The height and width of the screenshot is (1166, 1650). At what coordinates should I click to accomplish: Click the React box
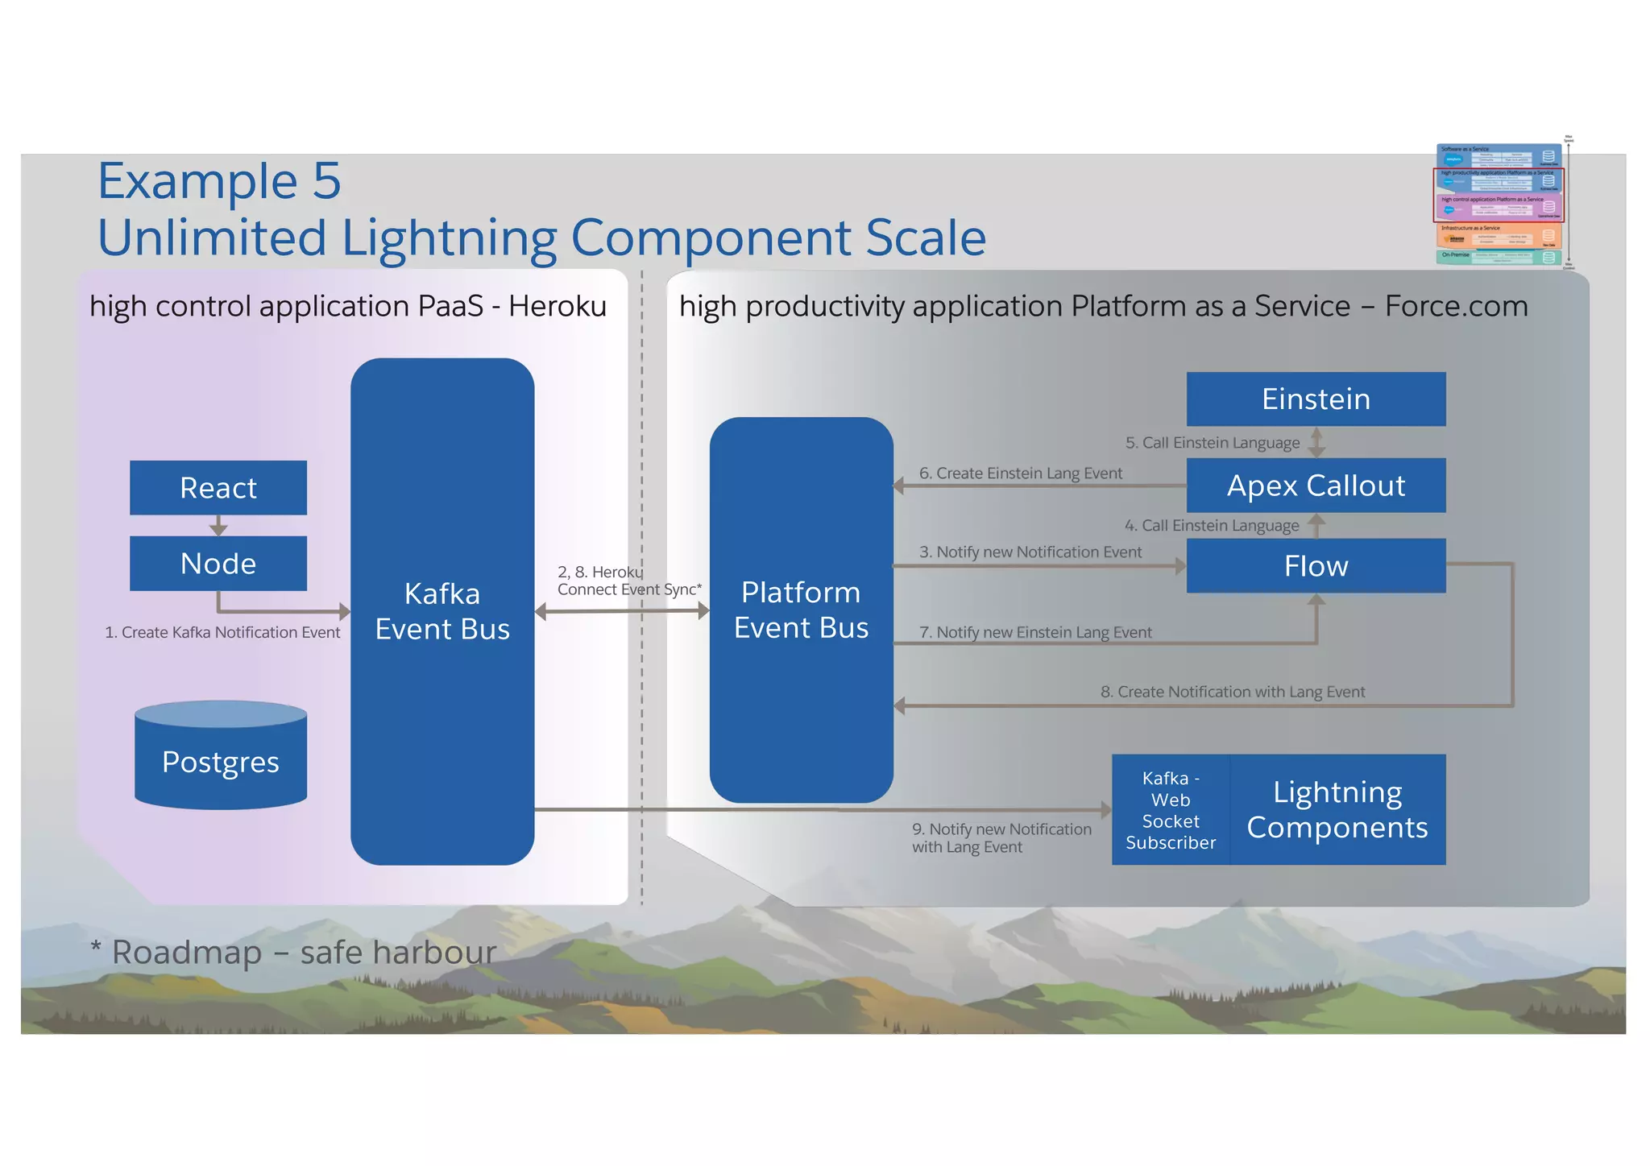click(218, 488)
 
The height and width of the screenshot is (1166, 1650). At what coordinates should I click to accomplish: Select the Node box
click(218, 564)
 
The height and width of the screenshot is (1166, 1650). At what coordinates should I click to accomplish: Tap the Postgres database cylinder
click(221, 761)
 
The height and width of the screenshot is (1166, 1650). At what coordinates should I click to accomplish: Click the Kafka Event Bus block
click(442, 612)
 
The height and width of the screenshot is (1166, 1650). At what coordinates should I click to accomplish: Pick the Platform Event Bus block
click(801, 610)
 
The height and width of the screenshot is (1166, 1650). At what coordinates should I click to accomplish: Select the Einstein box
click(1316, 399)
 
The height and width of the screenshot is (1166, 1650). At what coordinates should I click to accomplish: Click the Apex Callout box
click(1316, 486)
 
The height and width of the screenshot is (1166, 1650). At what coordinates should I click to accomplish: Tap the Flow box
click(1316, 566)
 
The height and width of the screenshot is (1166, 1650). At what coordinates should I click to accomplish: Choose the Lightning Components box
click(1337, 810)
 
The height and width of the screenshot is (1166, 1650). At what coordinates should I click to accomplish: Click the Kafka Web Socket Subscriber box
click(1171, 810)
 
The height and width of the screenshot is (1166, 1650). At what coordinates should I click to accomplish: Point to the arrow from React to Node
click(218, 526)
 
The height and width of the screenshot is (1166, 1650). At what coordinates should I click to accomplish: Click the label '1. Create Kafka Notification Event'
click(222, 633)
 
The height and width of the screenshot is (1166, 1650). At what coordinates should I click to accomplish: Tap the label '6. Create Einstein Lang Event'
click(1021, 473)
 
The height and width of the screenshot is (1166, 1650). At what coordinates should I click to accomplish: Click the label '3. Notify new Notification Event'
click(1030, 552)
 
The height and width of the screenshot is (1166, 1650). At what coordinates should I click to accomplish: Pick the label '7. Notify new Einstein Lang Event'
click(1035, 633)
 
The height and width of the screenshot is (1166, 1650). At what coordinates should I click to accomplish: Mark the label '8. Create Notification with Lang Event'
click(1233, 693)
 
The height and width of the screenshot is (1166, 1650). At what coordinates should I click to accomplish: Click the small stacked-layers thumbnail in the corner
click(1499, 205)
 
